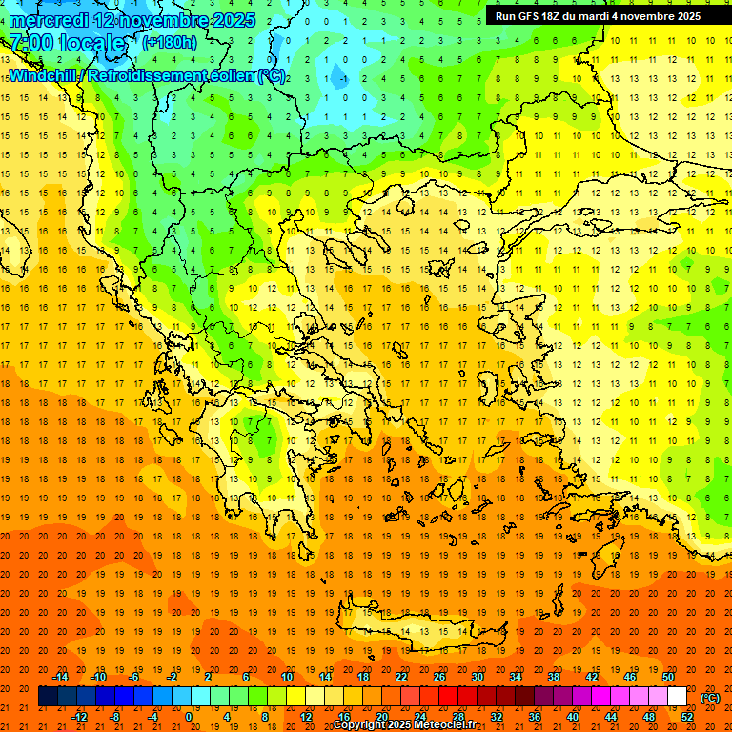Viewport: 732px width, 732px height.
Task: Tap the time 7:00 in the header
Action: (30, 43)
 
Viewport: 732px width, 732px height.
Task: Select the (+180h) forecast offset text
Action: (170, 42)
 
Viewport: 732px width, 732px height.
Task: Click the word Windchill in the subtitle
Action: (46, 75)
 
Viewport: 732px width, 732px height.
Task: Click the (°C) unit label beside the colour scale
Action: (710, 699)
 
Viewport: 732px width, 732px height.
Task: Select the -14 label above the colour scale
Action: (60, 677)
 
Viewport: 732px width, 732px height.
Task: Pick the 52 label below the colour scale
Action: (687, 717)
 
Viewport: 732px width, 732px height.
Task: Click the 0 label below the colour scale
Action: (189, 717)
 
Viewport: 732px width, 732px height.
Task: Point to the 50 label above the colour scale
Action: (669, 677)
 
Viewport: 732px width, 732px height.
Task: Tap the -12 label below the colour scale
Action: (79, 717)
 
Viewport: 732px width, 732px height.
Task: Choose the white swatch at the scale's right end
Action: (678, 697)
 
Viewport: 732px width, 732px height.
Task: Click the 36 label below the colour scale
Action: (535, 717)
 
